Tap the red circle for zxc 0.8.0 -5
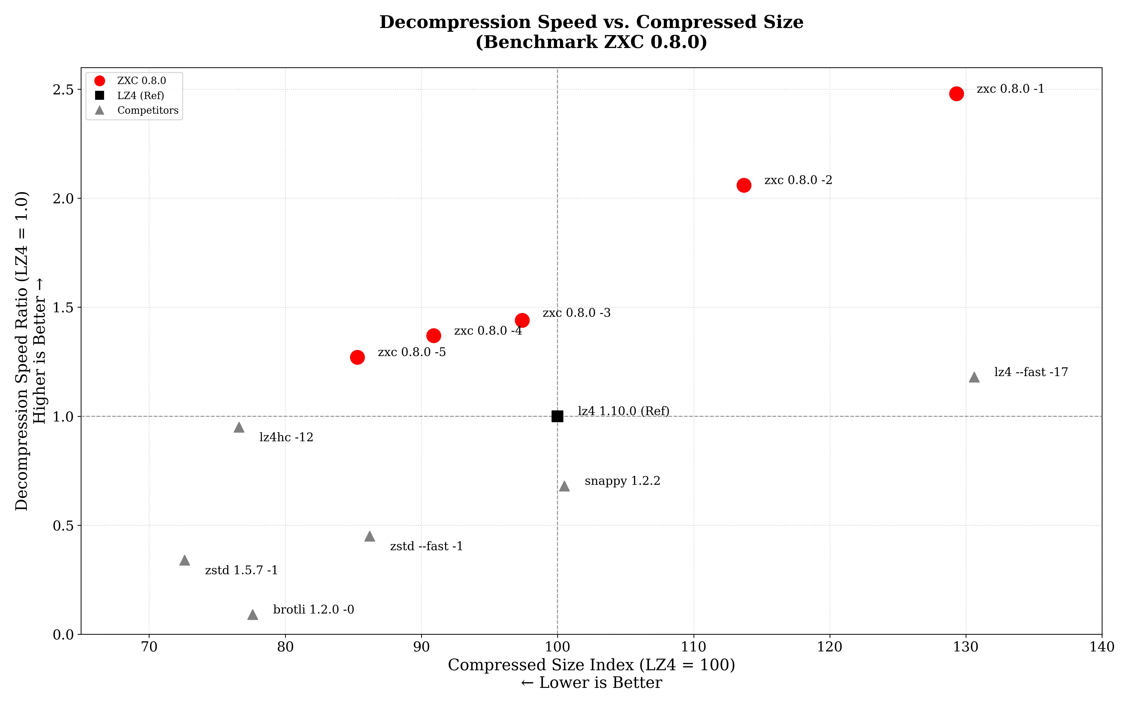click(x=357, y=357)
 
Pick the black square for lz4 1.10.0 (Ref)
click(x=557, y=416)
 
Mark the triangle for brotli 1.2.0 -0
click(x=253, y=614)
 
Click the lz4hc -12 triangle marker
click(x=239, y=427)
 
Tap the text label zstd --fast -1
click(x=426, y=546)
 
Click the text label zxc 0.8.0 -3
click(x=576, y=313)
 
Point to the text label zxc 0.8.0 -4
click(x=488, y=331)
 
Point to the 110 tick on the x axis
click(x=693, y=647)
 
